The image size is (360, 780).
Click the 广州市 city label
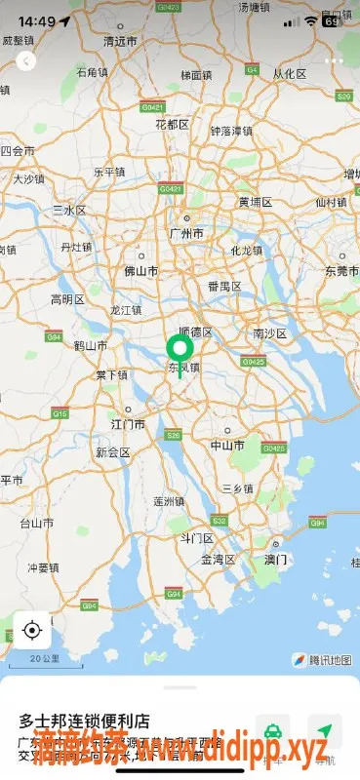(x=185, y=234)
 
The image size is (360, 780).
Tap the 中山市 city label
(x=227, y=445)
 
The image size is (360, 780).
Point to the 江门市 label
(x=129, y=424)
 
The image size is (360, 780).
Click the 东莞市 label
(x=341, y=271)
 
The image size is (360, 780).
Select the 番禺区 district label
(x=223, y=287)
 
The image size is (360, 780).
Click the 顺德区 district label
(x=194, y=332)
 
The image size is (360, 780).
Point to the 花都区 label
(x=172, y=125)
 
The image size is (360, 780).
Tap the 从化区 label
(x=289, y=74)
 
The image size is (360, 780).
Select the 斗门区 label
(x=196, y=538)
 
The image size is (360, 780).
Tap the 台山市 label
(x=37, y=523)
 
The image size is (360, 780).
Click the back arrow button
(x=26, y=60)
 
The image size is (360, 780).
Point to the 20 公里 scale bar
(x=45, y=661)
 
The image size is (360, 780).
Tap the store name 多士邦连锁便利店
(x=85, y=721)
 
